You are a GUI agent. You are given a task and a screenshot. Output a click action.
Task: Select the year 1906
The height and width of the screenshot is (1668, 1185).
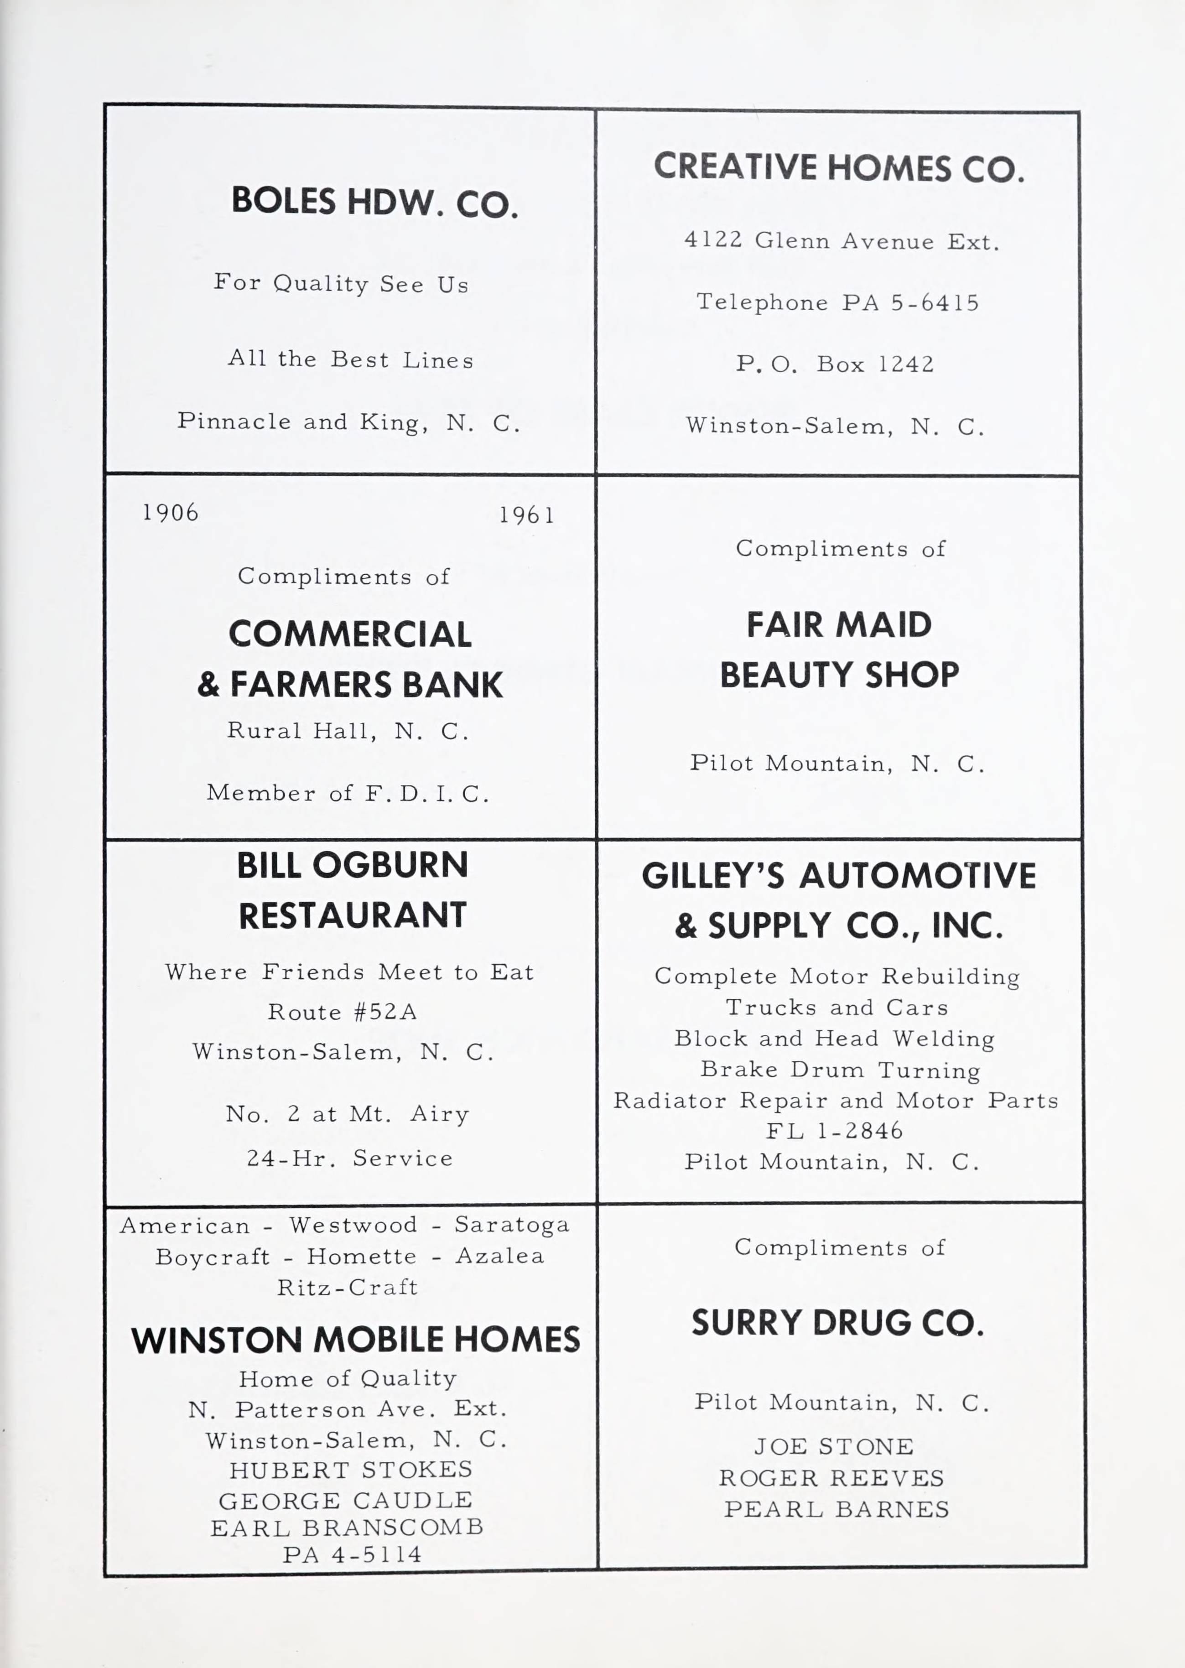170,513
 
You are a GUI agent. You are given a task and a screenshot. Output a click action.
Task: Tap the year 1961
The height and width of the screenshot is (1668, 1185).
526,516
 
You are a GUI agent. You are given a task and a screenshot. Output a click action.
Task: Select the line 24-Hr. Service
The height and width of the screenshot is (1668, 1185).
349,1158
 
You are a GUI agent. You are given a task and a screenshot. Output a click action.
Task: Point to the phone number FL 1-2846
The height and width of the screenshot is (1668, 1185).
834,1131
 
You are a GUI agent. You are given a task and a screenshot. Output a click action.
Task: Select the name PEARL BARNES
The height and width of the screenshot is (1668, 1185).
836,1509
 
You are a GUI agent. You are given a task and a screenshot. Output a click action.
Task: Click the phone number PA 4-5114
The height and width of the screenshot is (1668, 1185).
352,1554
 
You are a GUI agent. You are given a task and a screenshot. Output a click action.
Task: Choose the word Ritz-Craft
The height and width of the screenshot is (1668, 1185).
347,1287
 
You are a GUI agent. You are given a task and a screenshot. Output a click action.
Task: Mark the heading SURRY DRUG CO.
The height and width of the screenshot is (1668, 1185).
838,1323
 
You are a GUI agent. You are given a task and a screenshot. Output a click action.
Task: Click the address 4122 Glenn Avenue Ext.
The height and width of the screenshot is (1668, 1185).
842,241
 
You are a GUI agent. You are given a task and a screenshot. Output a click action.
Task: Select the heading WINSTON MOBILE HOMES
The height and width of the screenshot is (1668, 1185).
355,1340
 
